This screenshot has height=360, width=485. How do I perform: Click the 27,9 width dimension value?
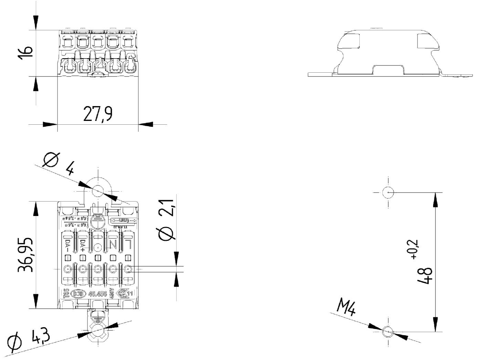(98, 114)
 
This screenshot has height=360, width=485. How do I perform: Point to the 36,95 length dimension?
(26, 255)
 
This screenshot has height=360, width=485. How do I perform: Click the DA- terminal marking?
(67, 245)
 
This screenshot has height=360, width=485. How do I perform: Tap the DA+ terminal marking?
(83, 246)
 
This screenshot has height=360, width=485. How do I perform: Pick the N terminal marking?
(113, 244)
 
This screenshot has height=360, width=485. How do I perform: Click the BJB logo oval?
(79, 294)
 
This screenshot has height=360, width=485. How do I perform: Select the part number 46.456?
(98, 294)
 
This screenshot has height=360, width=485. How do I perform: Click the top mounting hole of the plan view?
(98, 190)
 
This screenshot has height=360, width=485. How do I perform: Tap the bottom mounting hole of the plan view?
(98, 332)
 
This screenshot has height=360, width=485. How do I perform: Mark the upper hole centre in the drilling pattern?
(388, 192)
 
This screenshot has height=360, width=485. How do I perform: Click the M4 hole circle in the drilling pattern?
(388, 332)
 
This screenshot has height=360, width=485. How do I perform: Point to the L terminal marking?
(128, 244)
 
